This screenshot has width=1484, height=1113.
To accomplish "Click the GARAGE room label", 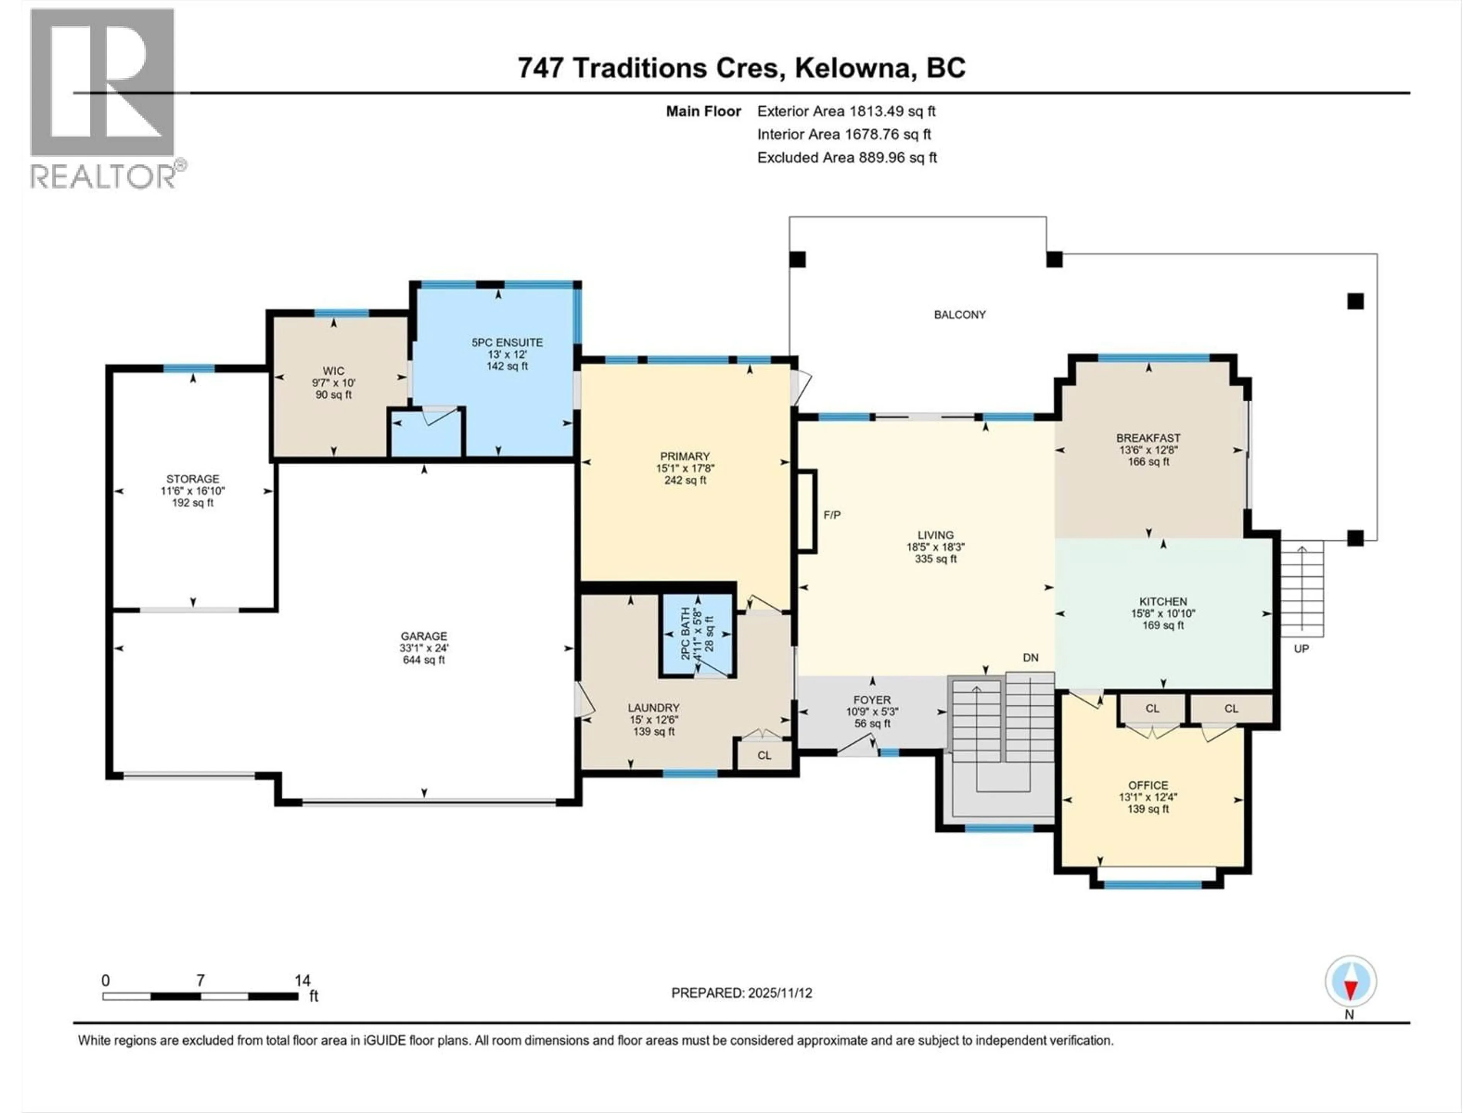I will click(x=423, y=636).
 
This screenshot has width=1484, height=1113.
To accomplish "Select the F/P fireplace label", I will click(x=832, y=515).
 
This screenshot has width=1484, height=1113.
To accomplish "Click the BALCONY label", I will click(x=959, y=315).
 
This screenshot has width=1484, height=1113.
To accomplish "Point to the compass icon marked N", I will click(x=1351, y=982).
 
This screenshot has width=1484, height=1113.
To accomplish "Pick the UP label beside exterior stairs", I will click(x=1301, y=649).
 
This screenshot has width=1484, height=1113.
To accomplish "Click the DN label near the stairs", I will click(x=1030, y=657).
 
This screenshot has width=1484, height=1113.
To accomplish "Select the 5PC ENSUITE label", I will click(x=507, y=342).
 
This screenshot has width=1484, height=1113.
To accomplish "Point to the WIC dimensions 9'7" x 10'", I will click(x=334, y=383).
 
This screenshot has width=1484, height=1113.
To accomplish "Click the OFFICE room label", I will click(x=1148, y=785).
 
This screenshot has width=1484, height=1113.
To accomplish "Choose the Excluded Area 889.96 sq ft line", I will click(x=847, y=158).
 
